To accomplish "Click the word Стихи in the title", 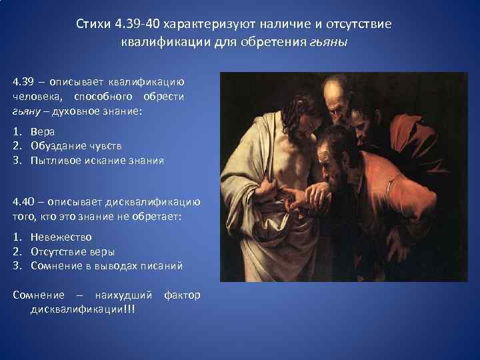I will click(x=93, y=25).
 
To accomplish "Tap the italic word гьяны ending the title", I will click(x=329, y=42).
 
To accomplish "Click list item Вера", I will click(x=43, y=131).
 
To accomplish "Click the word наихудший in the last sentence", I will click(x=123, y=295).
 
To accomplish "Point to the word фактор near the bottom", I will click(x=181, y=295).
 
